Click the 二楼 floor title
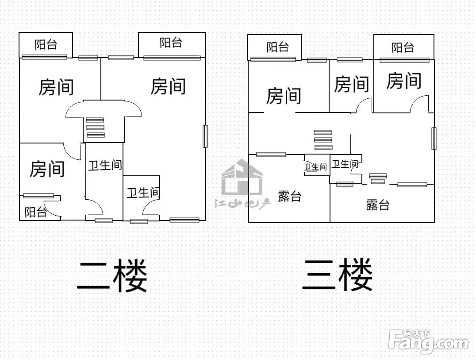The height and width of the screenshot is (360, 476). pos(112,275)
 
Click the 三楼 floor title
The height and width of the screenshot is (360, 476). pos(337,275)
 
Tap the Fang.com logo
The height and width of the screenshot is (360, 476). pos(428,342)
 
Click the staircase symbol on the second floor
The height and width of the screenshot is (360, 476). pos(95,128)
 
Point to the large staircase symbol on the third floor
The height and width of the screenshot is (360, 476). pos(322,140)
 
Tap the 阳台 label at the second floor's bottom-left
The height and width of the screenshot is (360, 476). pos(35,212)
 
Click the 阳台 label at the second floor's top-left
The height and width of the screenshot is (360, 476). pos(46,44)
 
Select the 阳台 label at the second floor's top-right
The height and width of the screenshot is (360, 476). pos(171,43)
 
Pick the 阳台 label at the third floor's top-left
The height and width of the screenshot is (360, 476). pos(277,47)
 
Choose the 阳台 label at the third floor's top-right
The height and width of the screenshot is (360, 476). pos(403,48)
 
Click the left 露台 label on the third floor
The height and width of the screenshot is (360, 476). pos(289,196)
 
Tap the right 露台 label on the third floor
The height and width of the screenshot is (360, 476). pos(378,205)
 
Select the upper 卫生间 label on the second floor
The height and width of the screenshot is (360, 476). pos(105,165)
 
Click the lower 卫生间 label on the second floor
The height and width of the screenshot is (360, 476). pos(143,193)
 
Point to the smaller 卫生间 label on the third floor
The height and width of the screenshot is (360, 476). pos(315,167)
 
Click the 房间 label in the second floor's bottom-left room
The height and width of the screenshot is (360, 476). pos(47,169)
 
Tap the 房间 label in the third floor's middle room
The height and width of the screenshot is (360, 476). pos(351,84)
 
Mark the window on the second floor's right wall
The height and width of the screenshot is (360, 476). pos(205,136)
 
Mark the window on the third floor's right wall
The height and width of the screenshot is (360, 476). pos(434,139)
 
